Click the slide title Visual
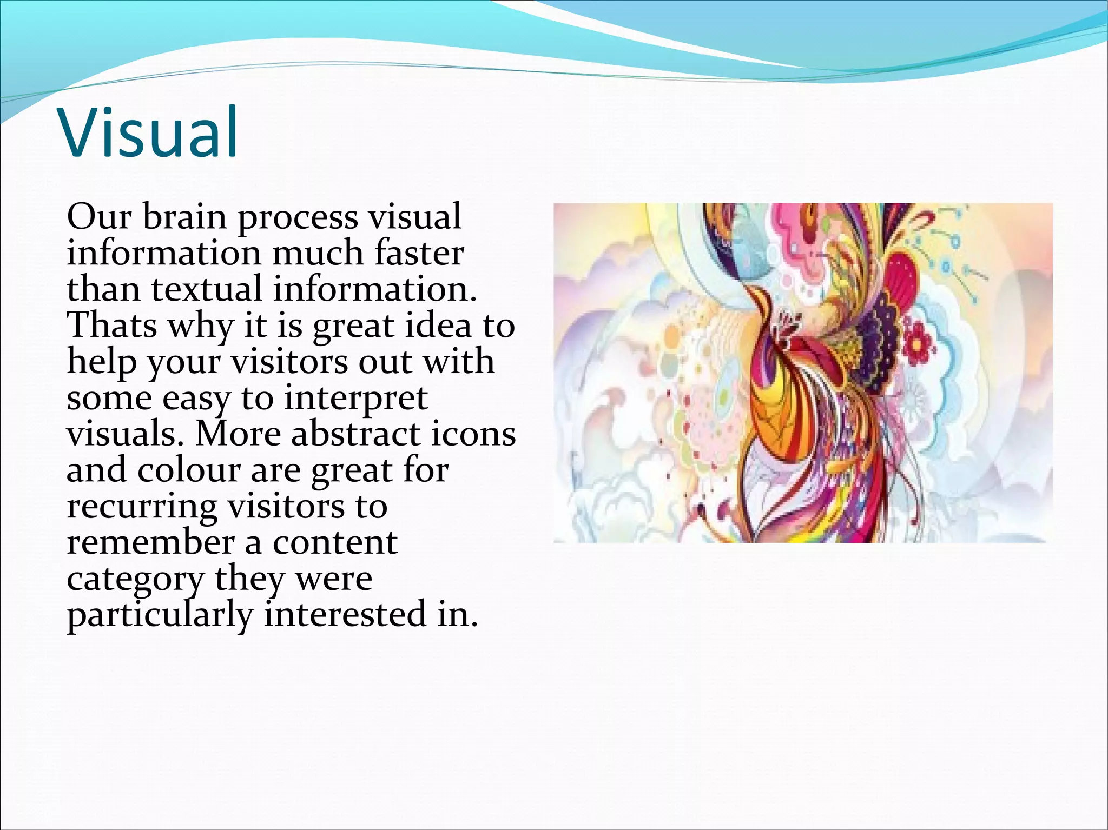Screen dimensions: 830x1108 click(x=149, y=132)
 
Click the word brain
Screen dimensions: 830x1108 click(x=185, y=217)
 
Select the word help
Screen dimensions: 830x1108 click(x=102, y=362)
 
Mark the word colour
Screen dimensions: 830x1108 click(x=188, y=470)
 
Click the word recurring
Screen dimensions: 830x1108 click(x=142, y=507)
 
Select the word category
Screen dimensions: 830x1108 click(x=136, y=580)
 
